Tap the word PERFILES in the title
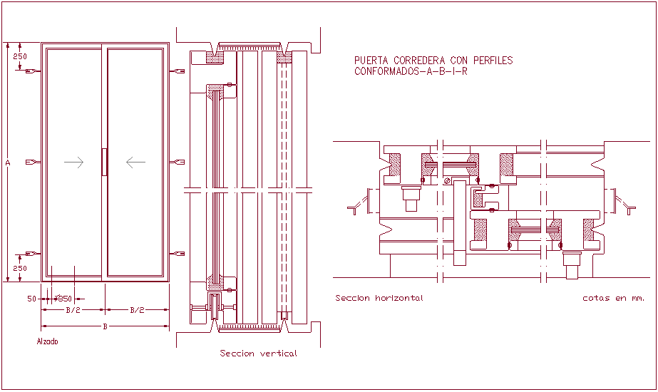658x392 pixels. click(493, 61)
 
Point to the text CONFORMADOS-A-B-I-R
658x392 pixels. click(411, 71)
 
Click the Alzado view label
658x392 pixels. click(47, 341)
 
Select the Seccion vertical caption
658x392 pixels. click(258, 354)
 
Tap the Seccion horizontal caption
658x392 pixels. click(379, 298)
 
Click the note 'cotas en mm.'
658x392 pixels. click(613, 298)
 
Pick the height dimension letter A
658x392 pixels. click(8, 163)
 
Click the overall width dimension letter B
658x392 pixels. click(106, 326)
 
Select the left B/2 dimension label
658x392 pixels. click(73, 310)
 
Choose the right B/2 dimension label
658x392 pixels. click(137, 310)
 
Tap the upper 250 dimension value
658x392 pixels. click(20, 56)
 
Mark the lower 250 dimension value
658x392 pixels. click(20, 269)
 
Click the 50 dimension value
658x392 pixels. click(32, 299)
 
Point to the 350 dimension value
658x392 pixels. click(64, 299)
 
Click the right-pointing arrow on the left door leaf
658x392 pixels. click(73, 163)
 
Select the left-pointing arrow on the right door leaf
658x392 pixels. click(135, 163)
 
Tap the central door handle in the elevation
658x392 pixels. click(104, 162)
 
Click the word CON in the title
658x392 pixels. click(459, 61)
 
